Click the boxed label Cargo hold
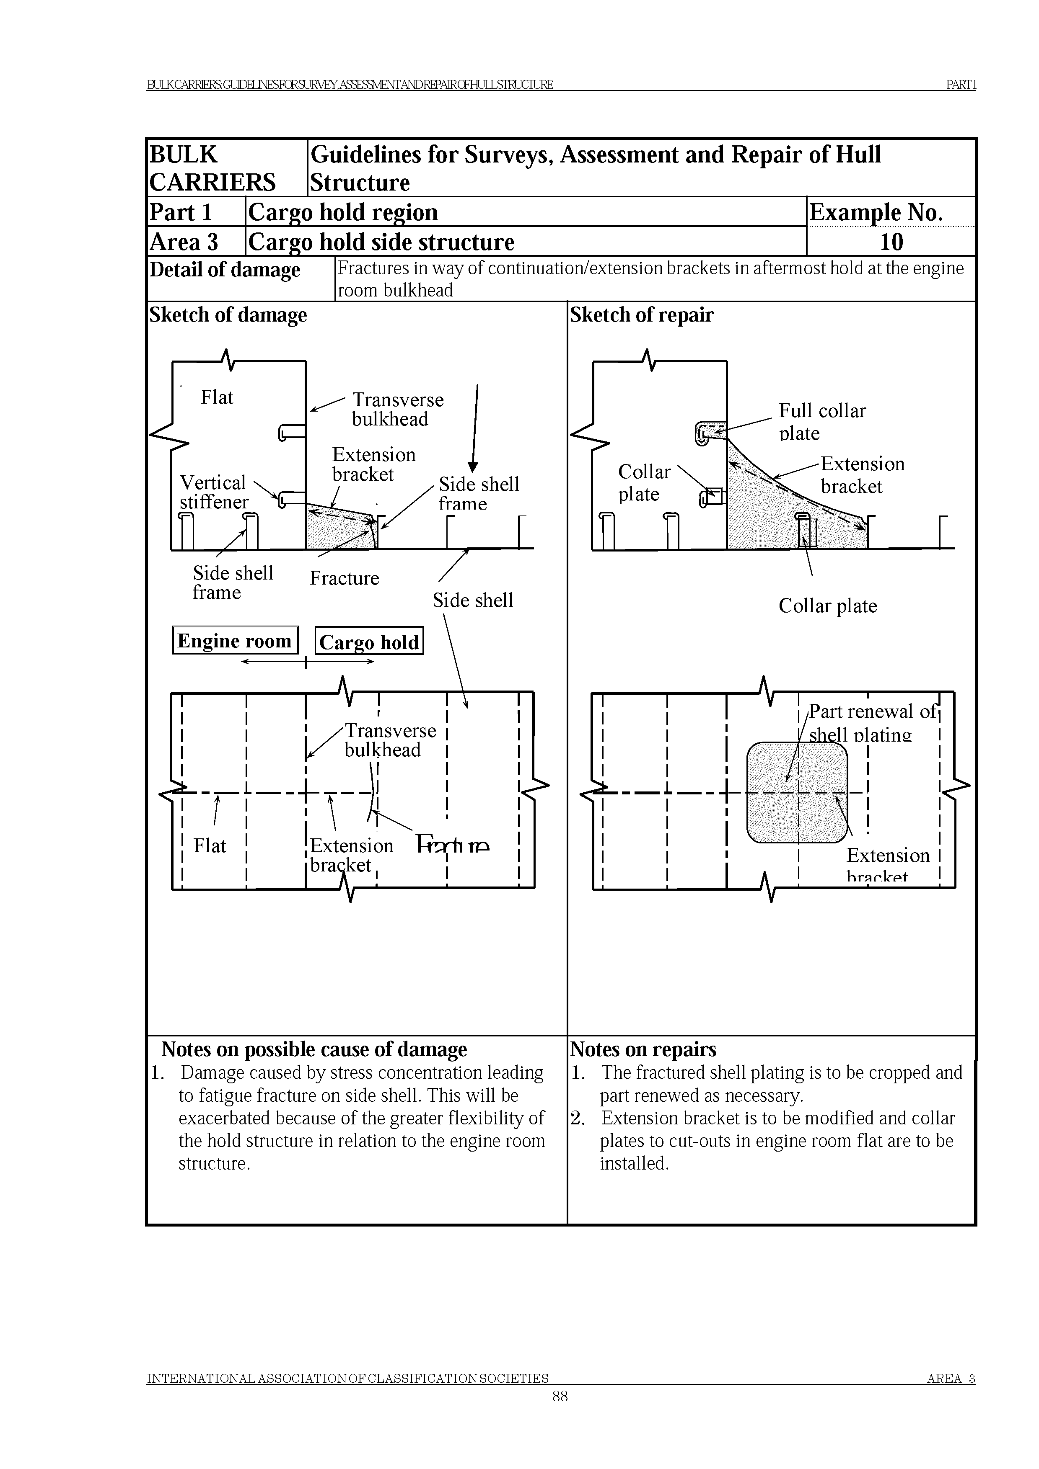pos(369,642)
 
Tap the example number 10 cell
pos(891,242)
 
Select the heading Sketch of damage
pos(228,315)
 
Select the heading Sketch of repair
pos(641,315)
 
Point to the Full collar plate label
pos(821,422)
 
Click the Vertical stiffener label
pos(213,492)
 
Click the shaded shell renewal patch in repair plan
pos(797,792)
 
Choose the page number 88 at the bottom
pos(560,1396)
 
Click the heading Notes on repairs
pos(643,1049)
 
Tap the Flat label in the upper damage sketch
pos(217,397)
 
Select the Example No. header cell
pos(876,212)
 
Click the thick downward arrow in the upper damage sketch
pos(475,429)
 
